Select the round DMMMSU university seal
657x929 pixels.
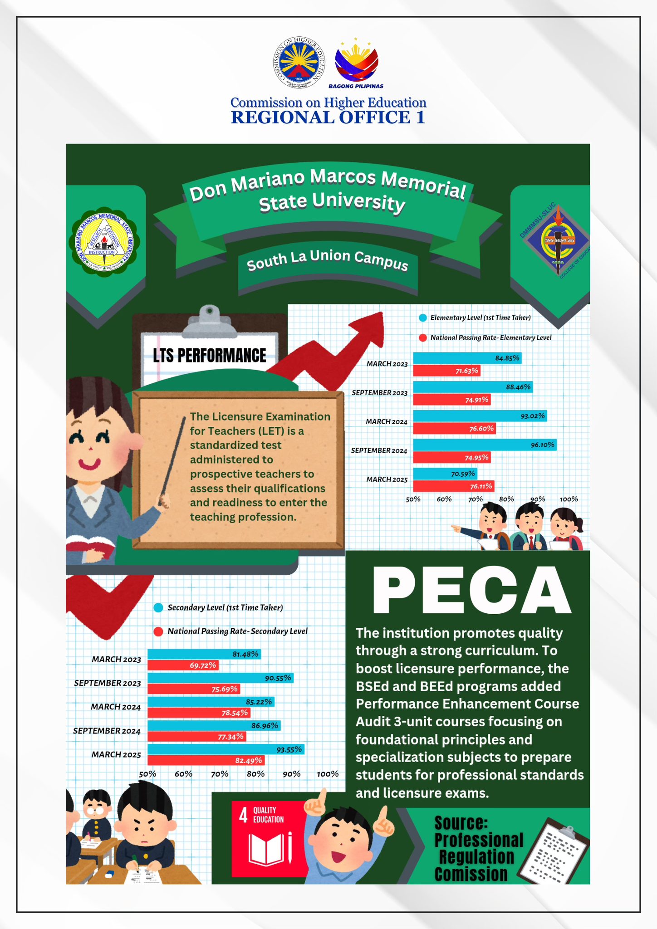(x=104, y=244)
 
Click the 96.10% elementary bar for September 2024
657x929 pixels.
(x=484, y=445)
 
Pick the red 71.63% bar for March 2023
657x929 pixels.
(x=446, y=371)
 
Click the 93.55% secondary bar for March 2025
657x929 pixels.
(x=226, y=750)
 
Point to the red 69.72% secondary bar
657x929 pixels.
(x=183, y=665)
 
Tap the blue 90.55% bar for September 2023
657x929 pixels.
(x=220, y=678)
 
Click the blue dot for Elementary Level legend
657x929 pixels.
(x=423, y=318)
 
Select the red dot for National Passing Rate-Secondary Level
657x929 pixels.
(x=158, y=631)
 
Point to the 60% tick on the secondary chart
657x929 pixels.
(x=183, y=774)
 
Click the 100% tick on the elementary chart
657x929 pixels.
(x=569, y=499)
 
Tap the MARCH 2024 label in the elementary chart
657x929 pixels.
(x=387, y=422)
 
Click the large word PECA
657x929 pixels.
(x=471, y=590)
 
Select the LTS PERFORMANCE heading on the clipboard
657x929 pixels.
(x=210, y=356)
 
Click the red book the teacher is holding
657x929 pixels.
(x=90, y=544)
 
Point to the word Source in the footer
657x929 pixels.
(x=461, y=823)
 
